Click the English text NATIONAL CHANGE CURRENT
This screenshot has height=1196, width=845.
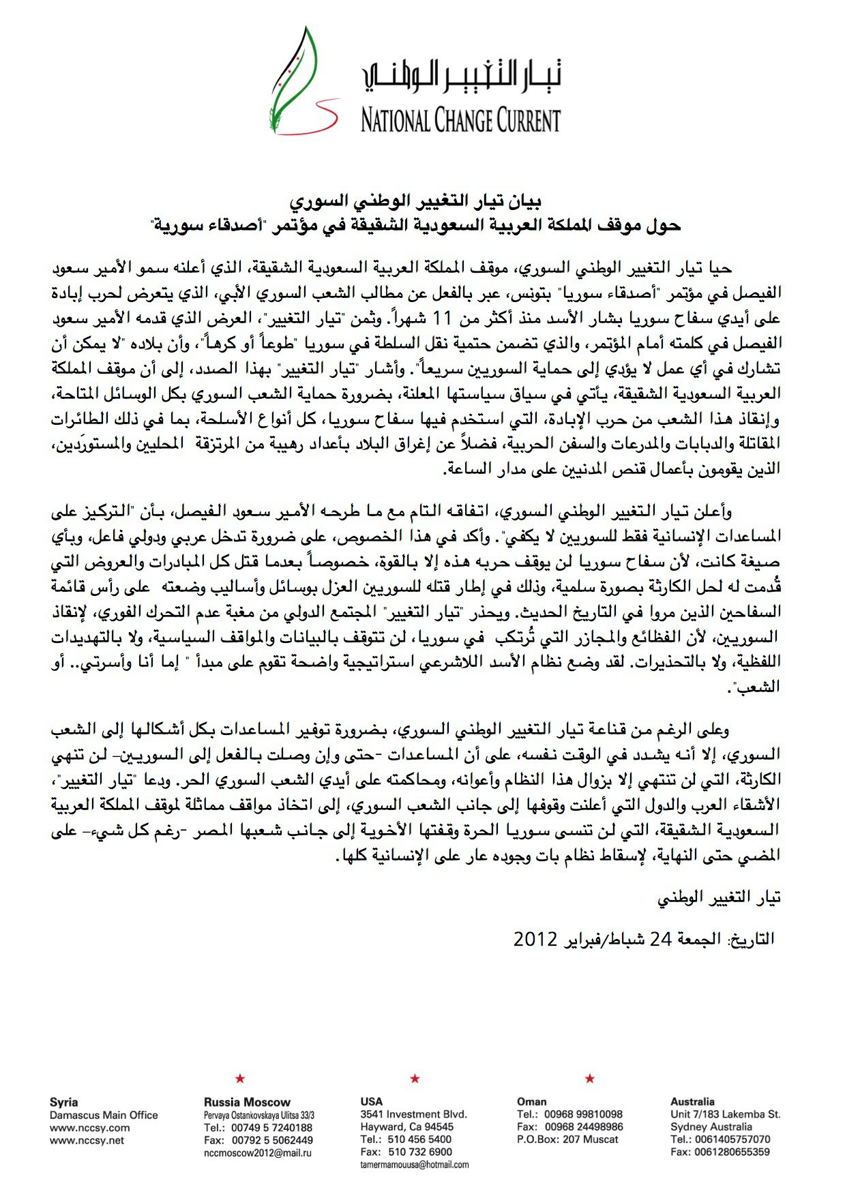point(460,121)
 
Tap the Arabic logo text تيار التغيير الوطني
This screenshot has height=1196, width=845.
point(462,77)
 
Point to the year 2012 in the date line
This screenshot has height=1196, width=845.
point(536,939)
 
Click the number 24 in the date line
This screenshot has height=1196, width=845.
point(660,939)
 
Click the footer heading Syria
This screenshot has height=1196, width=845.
point(63,1102)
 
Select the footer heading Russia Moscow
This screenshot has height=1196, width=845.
point(247,1102)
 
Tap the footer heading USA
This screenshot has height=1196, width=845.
point(372,1101)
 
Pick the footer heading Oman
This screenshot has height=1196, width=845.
point(531,1101)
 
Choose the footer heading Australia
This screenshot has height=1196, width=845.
point(692,1101)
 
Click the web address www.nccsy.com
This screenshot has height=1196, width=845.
point(89,1127)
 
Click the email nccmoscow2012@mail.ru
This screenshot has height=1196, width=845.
point(258,1152)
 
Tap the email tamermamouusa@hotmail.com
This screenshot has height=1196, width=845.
point(415,1165)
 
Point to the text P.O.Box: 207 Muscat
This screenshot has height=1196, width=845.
point(567,1139)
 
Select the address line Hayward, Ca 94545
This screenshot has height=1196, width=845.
point(407,1126)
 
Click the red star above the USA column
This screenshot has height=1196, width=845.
point(415,1078)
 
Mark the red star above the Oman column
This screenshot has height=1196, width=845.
point(590,1078)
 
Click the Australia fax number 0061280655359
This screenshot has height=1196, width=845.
point(720,1152)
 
